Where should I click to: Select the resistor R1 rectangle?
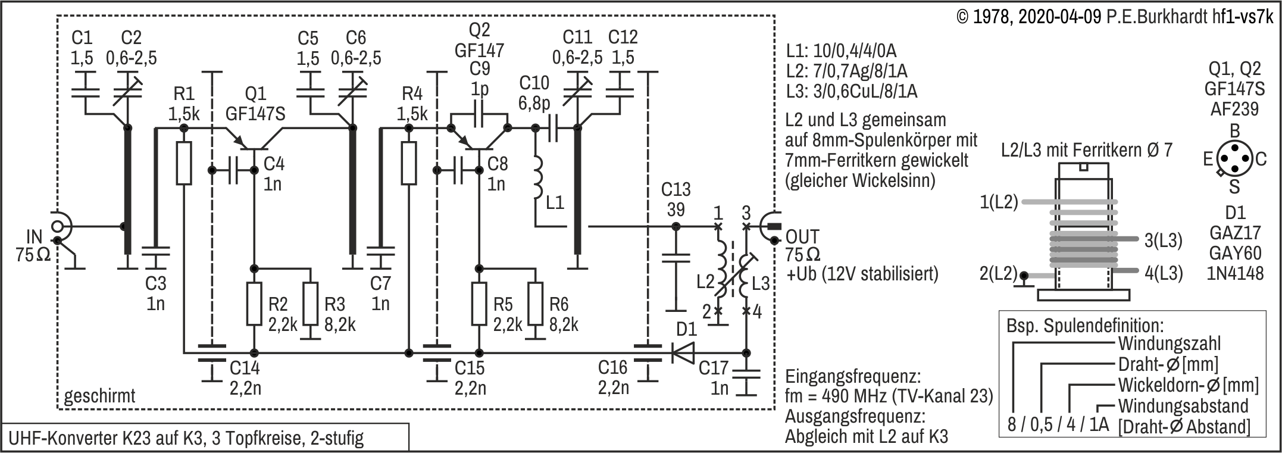click(x=184, y=163)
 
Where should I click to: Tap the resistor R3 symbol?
click(x=310, y=304)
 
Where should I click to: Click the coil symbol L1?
click(x=537, y=177)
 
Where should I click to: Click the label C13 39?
click(x=676, y=199)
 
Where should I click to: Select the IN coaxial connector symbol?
click(x=58, y=227)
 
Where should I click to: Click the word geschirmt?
click(x=100, y=396)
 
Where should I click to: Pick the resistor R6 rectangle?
click(x=536, y=304)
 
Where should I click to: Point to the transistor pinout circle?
click(x=1234, y=158)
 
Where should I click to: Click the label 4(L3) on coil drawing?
click(x=1163, y=273)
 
